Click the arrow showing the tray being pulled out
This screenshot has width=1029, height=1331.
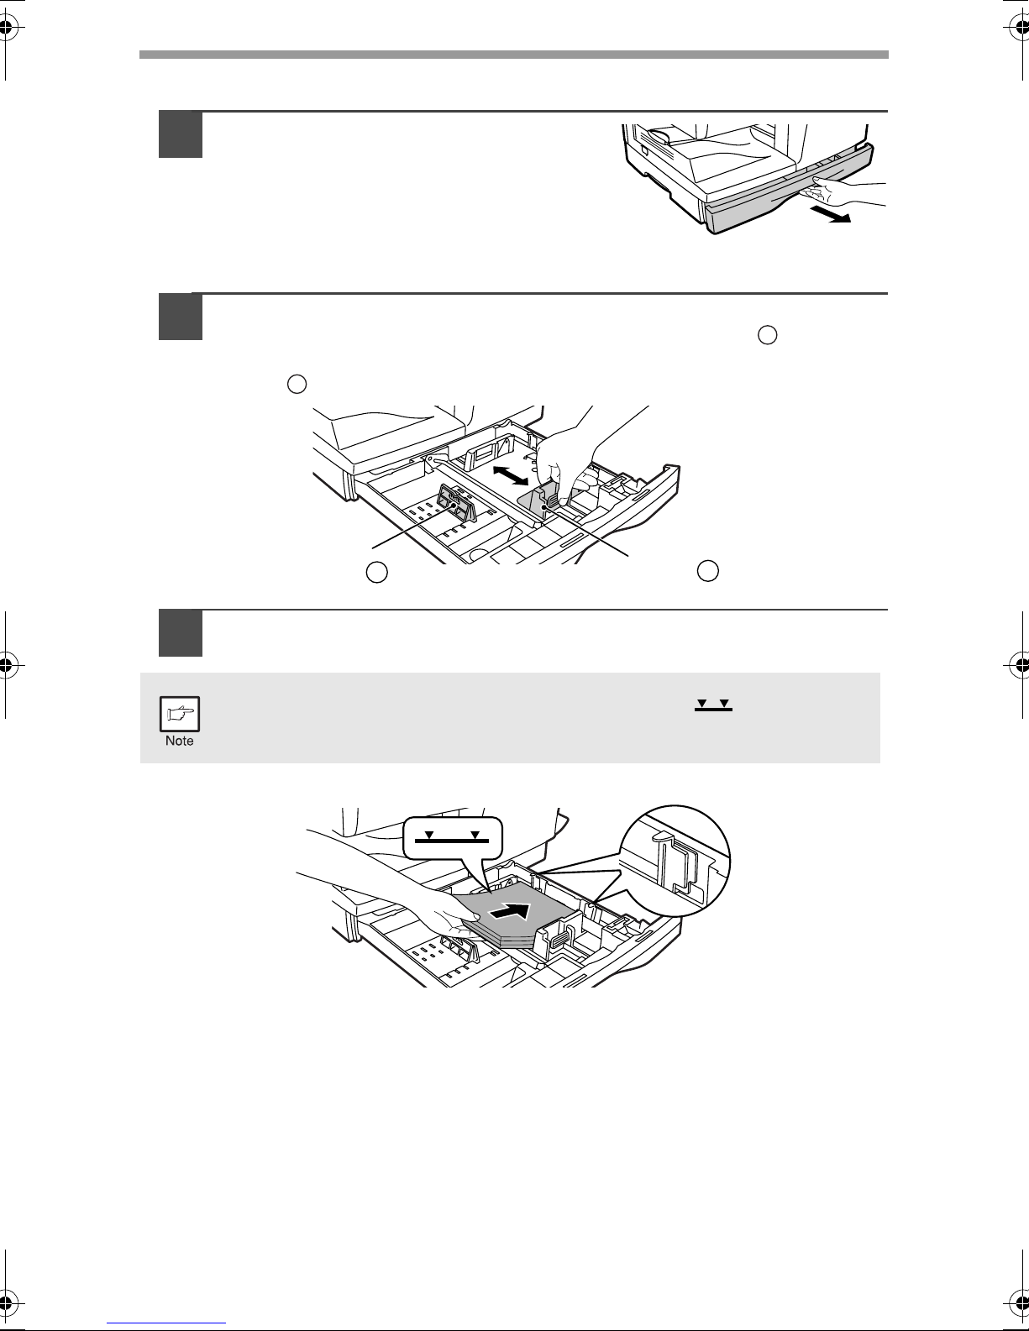point(830,214)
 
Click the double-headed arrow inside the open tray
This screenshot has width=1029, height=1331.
point(510,475)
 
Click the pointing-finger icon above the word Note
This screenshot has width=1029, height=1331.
point(180,714)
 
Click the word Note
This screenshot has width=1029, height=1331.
point(180,741)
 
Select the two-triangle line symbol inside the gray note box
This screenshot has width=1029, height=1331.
point(713,705)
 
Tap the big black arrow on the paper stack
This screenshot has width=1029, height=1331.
point(510,912)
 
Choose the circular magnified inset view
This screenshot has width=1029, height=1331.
point(675,862)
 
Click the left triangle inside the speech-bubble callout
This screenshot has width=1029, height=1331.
point(429,834)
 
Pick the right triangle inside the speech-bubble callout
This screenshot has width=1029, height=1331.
point(475,834)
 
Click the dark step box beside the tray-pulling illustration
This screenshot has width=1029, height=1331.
point(180,134)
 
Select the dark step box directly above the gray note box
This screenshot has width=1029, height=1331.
point(180,633)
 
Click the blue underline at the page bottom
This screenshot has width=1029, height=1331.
point(166,1323)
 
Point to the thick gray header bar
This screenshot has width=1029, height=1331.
point(514,55)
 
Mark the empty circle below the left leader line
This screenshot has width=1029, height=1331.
point(376,572)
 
